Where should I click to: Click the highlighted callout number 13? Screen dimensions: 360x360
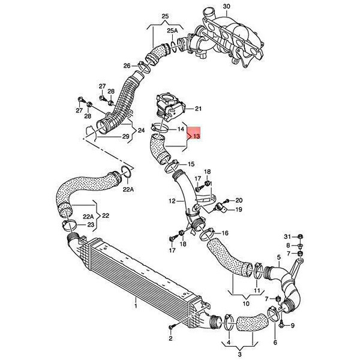tap(197, 136)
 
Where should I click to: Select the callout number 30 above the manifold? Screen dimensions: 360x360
tap(226, 7)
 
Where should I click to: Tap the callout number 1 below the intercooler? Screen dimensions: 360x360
tap(136, 306)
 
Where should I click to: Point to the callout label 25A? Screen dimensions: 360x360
tap(172, 31)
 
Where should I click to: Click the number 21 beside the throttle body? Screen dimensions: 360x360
tap(198, 109)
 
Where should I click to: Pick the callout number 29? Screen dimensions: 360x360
tap(125, 137)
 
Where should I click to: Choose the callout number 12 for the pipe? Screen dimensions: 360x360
tap(172, 201)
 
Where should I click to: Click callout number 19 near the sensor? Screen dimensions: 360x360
tap(239, 209)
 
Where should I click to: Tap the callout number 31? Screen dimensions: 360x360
tap(287, 236)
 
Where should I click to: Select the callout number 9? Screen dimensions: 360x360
tap(292, 325)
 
